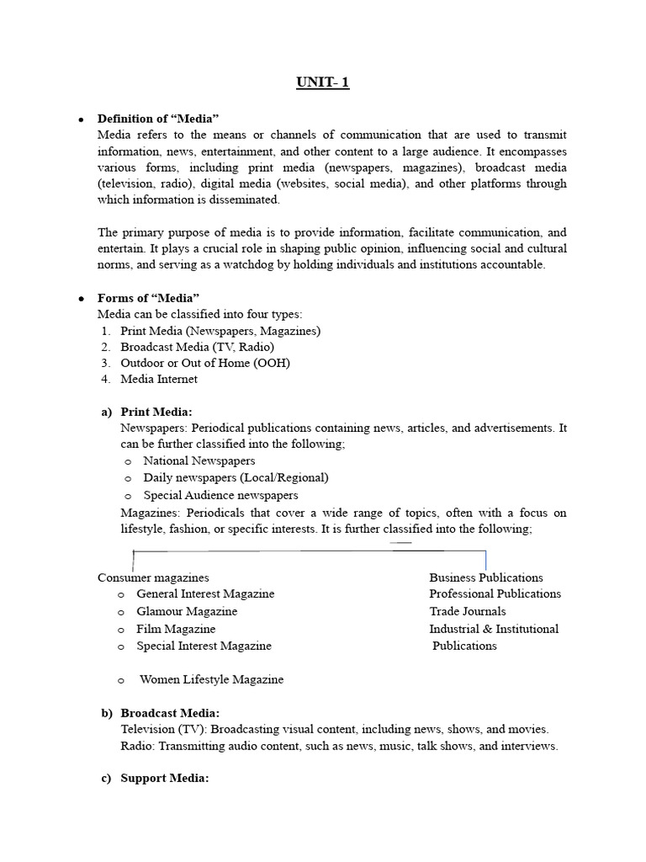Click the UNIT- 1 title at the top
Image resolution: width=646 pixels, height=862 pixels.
[x=323, y=82]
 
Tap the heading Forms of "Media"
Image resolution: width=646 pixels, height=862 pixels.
[x=148, y=298]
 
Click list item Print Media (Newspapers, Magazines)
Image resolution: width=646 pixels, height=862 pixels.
[x=220, y=331]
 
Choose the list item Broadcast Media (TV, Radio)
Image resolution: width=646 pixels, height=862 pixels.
[x=197, y=347]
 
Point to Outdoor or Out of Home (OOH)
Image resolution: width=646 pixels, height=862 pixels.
[x=205, y=363]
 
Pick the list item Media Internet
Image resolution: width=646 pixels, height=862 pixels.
[x=159, y=379]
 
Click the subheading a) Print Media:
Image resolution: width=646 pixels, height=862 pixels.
[x=156, y=412]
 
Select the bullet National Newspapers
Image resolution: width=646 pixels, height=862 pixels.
[x=199, y=460]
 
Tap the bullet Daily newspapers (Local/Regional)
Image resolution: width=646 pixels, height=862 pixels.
[x=236, y=477]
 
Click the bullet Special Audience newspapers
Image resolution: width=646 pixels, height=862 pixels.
[x=220, y=495]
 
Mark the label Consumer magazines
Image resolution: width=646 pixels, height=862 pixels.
[x=153, y=577]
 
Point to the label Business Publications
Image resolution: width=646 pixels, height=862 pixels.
[x=486, y=577]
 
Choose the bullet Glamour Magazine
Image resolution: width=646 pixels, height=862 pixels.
[x=187, y=611]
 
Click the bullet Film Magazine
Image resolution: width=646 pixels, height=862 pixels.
[x=176, y=629]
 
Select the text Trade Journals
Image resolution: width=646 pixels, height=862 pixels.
[x=468, y=611]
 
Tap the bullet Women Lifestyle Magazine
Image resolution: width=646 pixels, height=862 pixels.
[x=211, y=679]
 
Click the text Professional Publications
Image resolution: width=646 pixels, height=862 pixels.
[x=495, y=593]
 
